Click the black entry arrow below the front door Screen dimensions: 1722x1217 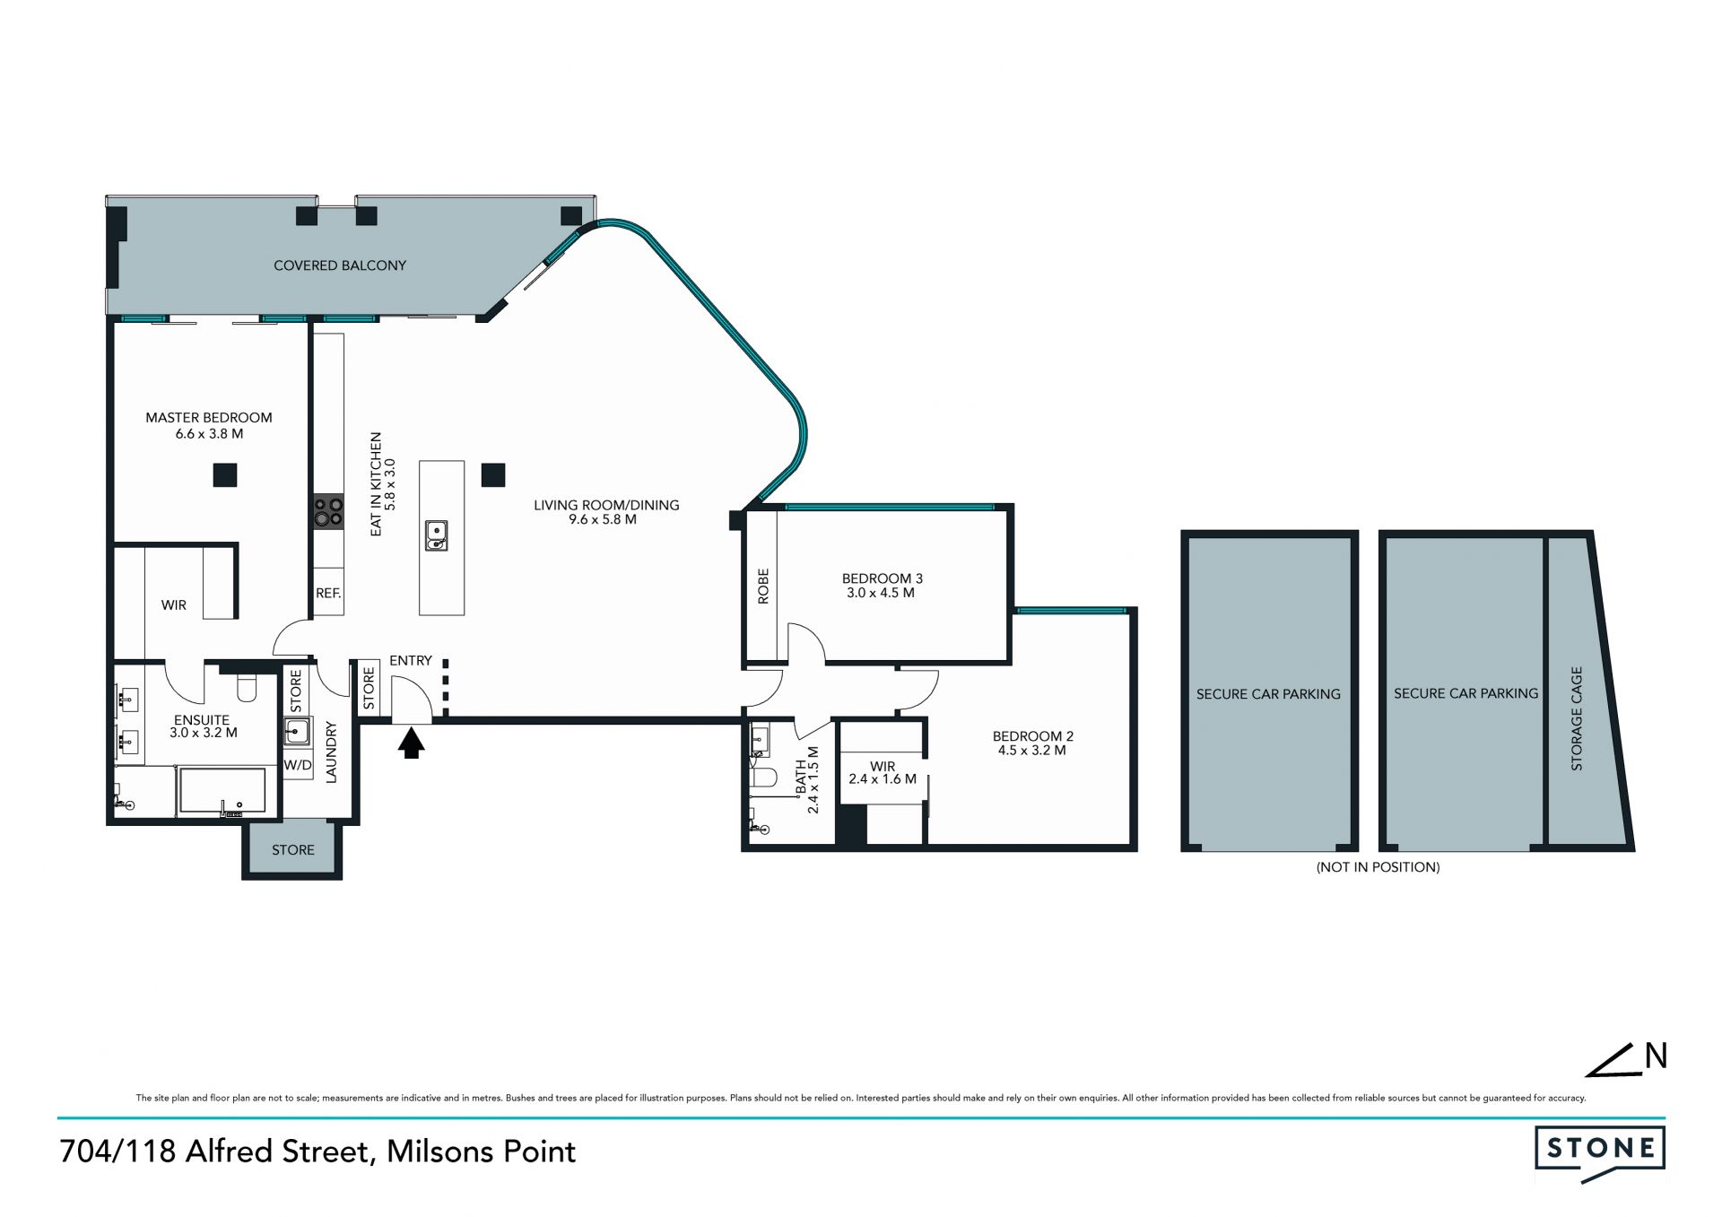coord(411,743)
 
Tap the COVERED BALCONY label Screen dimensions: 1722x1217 coord(340,265)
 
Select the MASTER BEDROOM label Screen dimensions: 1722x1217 coord(209,417)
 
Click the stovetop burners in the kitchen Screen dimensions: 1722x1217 coord(328,511)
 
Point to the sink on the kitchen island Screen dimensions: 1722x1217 coord(436,535)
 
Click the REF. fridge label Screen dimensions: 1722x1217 coord(328,594)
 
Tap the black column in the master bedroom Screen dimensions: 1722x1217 coord(224,474)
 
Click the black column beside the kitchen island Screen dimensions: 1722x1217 coord(493,474)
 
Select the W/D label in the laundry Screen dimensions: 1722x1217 coord(298,765)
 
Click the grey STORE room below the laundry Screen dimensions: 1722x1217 coord(292,849)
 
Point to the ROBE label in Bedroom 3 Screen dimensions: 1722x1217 coord(764,586)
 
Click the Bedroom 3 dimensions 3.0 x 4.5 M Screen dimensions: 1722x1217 coord(880,593)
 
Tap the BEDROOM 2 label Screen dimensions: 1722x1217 coord(1032,736)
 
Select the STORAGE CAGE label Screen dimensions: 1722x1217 coord(1577,718)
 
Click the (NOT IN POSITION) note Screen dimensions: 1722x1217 coord(1378,867)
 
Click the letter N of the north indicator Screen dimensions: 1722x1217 coord(1656,1056)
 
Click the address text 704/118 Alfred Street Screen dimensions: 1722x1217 coord(215,1152)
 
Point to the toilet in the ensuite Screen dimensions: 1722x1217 coord(246,687)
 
